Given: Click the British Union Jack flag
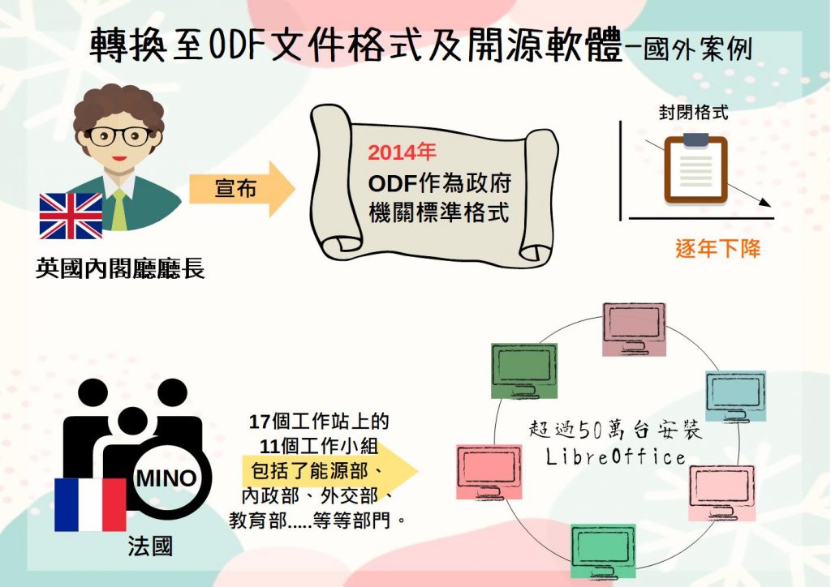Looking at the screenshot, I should click(x=71, y=216).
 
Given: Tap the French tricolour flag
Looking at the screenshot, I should click(x=90, y=503).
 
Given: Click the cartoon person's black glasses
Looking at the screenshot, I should click(x=118, y=135).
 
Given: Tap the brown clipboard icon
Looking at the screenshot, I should click(x=695, y=169).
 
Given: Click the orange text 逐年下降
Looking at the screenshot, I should click(x=717, y=248).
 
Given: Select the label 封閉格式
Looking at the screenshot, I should click(x=693, y=113).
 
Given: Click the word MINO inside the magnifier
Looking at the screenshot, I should click(x=166, y=478).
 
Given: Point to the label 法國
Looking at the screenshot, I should click(x=150, y=546).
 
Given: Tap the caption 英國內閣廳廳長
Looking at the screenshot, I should click(x=120, y=268).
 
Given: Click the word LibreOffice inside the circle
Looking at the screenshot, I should click(x=616, y=457).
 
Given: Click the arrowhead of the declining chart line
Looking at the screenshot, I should click(x=764, y=206).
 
